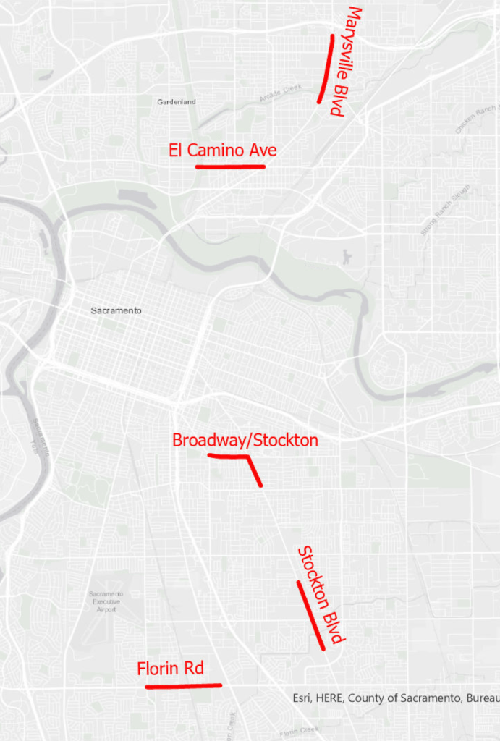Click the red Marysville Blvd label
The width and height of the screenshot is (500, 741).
pos(344,62)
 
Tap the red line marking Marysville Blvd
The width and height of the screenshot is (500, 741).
pos(326,69)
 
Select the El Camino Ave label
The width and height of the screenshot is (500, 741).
pos(222,150)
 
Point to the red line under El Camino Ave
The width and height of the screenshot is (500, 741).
pos(230,166)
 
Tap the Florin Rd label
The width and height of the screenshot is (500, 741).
pos(170,669)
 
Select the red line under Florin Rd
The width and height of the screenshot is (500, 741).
pos(183,685)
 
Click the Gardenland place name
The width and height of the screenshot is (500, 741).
pos(177,102)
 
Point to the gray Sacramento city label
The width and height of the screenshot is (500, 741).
pos(116,310)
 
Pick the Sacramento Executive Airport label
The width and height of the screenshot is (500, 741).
pos(106,602)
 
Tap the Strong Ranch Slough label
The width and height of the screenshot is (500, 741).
pos(446,211)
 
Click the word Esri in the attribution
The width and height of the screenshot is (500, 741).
pos(302,698)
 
